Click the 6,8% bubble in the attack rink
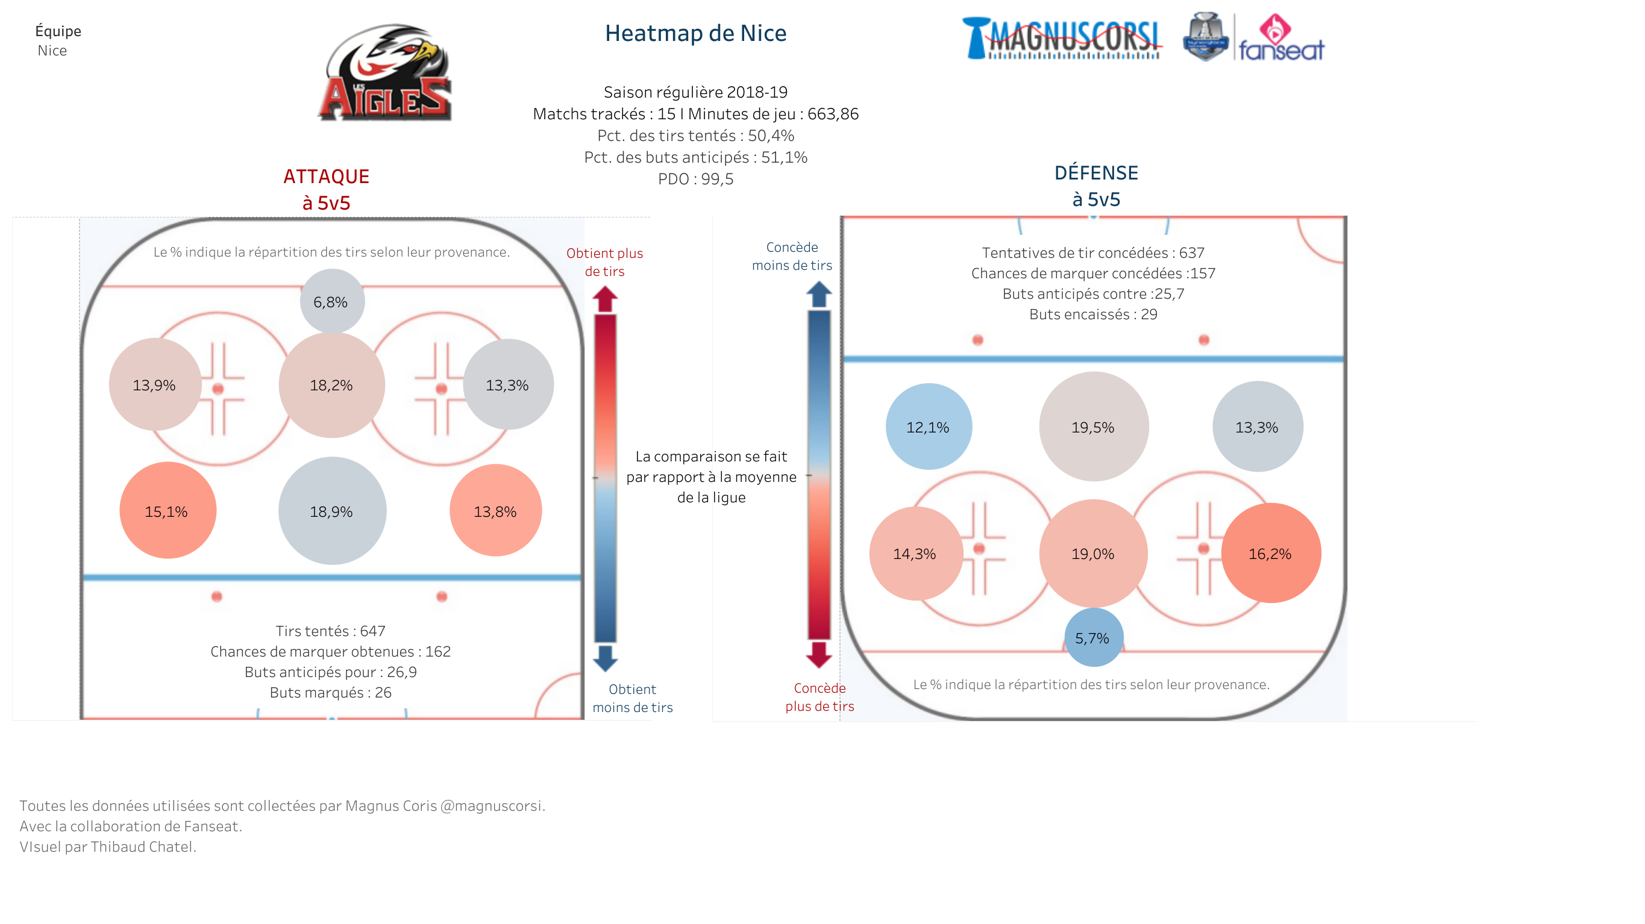(x=332, y=301)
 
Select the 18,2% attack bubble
(x=331, y=385)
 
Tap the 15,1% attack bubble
(x=168, y=511)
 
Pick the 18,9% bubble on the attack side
(x=332, y=511)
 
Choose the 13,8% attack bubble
(x=495, y=511)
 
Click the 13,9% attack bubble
(x=155, y=384)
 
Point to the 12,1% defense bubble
(x=929, y=426)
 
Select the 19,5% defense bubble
(x=1093, y=426)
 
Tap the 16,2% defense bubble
(x=1271, y=553)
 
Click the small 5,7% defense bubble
(x=1093, y=637)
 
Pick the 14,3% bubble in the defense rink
(x=916, y=554)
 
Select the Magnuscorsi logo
(x=1062, y=39)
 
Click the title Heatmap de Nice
(x=695, y=33)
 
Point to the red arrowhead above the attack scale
(x=605, y=298)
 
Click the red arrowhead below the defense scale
(x=819, y=655)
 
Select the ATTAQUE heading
(x=327, y=176)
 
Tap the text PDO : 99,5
(x=695, y=179)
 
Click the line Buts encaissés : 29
(x=1093, y=314)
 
